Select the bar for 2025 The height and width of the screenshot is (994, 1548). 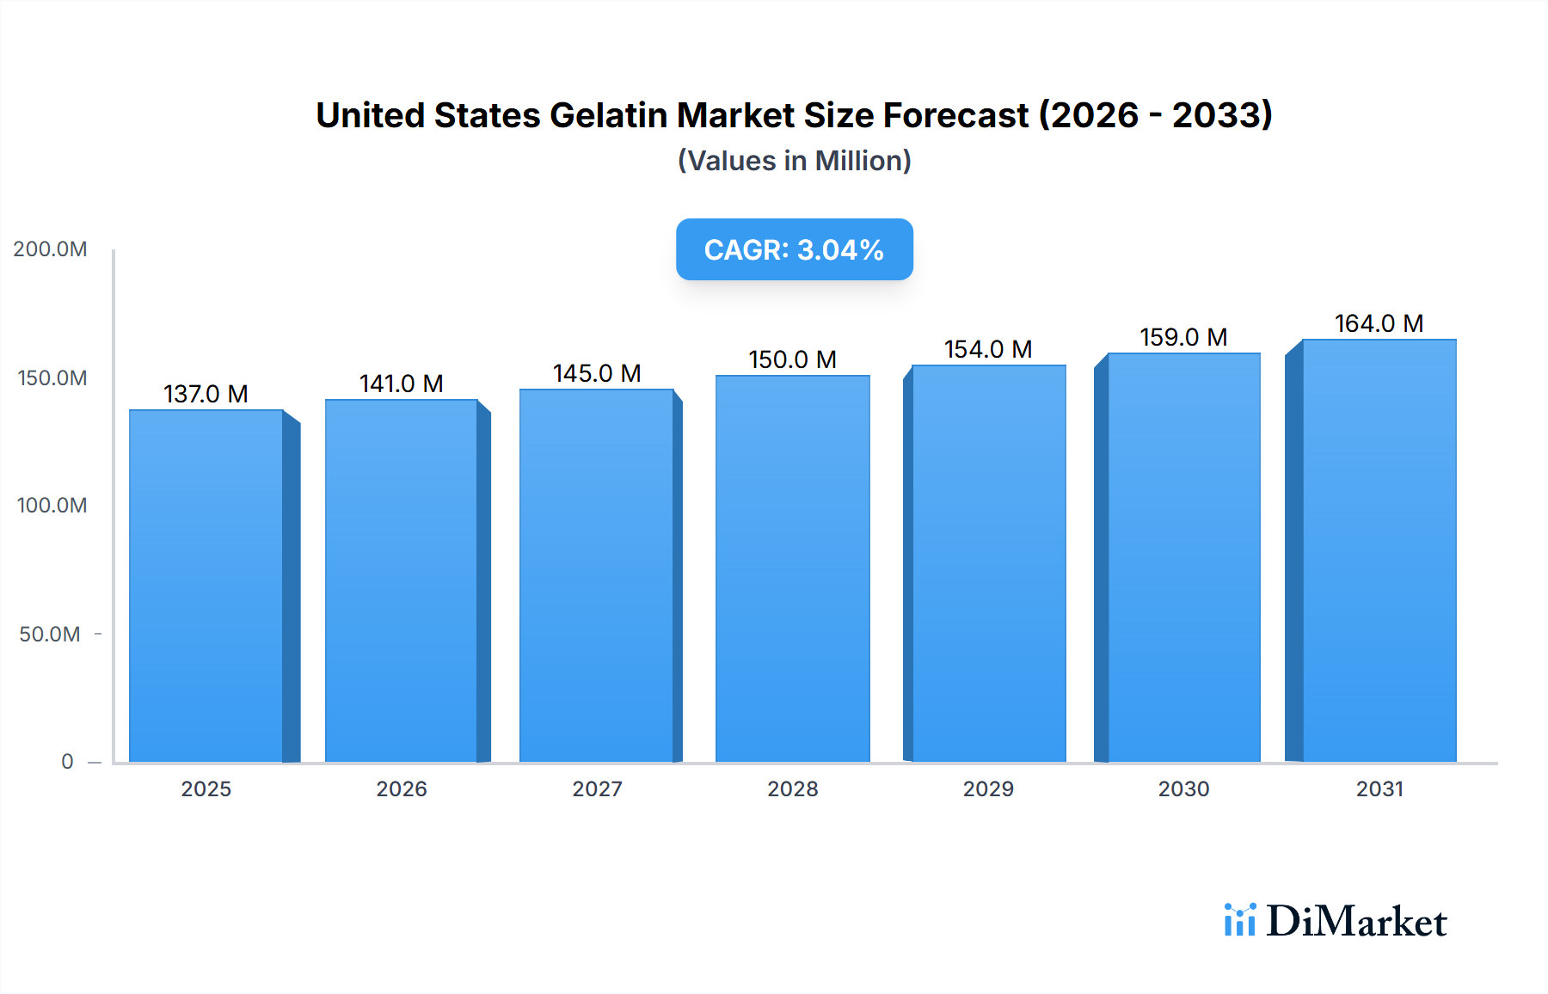click(x=206, y=585)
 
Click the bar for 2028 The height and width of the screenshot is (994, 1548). click(x=792, y=568)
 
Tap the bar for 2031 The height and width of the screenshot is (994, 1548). click(x=1379, y=550)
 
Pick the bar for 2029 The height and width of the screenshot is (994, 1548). click(x=988, y=563)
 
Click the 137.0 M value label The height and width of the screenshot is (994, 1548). click(x=206, y=394)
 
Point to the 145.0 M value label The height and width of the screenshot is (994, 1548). click(x=597, y=373)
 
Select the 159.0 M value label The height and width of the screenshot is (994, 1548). click(x=1183, y=337)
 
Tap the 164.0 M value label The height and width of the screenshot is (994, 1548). click(x=1379, y=323)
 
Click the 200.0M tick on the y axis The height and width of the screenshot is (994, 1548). click(x=50, y=249)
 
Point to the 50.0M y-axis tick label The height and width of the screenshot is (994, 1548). click(x=50, y=635)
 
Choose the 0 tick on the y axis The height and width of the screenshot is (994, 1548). click(x=67, y=762)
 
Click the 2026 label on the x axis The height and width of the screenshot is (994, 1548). click(x=402, y=789)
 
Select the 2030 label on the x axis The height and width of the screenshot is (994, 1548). click(x=1183, y=789)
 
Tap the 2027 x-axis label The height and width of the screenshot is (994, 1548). click(x=597, y=789)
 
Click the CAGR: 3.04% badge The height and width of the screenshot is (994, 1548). click(x=794, y=249)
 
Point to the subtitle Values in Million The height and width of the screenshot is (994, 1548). click(x=794, y=161)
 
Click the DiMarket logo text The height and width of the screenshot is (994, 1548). click(x=1356, y=922)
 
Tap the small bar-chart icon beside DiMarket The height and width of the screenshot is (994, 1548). click(x=1239, y=920)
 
